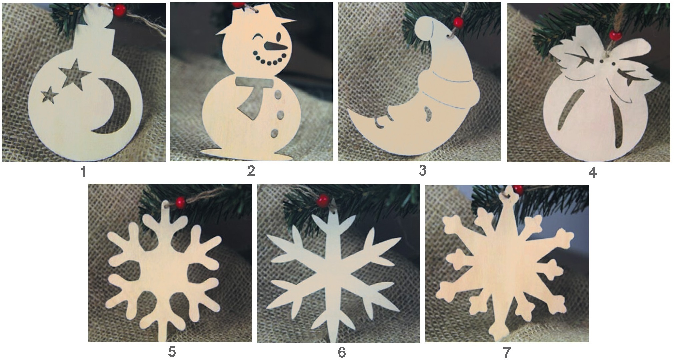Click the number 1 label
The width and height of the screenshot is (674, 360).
[83, 172]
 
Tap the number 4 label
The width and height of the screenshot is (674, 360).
[592, 172]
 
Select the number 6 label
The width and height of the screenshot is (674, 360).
[342, 352]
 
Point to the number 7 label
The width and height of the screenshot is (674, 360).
[506, 352]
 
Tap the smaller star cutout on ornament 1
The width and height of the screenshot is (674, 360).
[49, 95]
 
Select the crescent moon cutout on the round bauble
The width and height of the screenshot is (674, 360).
[117, 107]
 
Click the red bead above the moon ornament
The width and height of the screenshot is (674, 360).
[458, 23]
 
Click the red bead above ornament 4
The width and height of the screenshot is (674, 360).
[614, 35]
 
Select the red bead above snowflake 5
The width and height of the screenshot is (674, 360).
[180, 202]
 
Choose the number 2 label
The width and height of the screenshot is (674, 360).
[251, 171]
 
